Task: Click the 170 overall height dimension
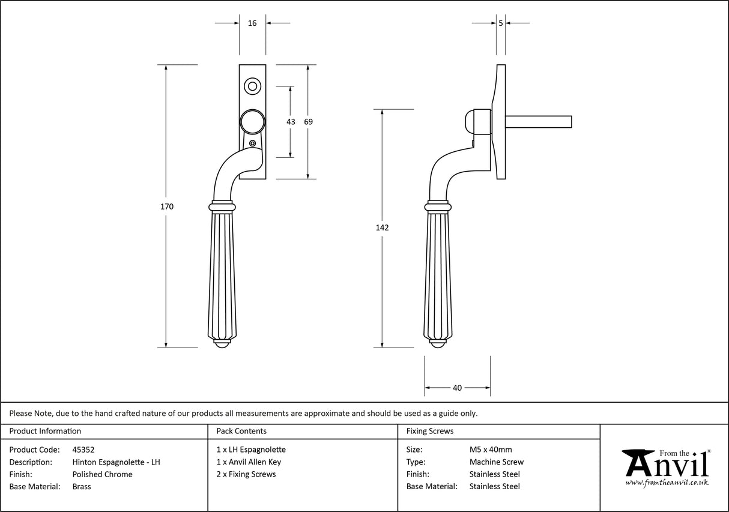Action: click(167, 206)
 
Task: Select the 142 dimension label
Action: click(382, 227)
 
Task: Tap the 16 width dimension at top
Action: click(252, 23)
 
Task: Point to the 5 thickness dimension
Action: click(501, 23)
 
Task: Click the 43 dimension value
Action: click(291, 122)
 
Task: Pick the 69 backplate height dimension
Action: click(308, 122)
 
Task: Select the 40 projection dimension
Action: click(457, 388)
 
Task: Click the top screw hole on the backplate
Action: click(252, 86)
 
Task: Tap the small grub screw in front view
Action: click(252, 143)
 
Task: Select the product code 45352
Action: click(83, 450)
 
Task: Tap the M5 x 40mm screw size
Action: click(491, 450)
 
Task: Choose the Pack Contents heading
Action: click(241, 431)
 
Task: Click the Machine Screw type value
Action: click(496, 462)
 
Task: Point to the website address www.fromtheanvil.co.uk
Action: click(667, 483)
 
